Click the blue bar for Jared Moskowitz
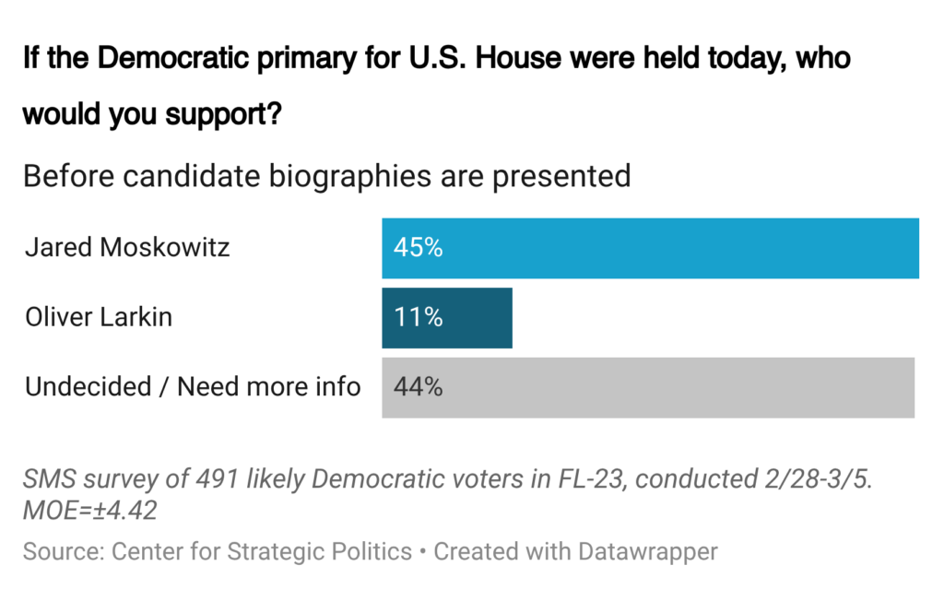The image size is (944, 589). [650, 248]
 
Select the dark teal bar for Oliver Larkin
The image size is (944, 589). [447, 318]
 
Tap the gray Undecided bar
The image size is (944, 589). [648, 387]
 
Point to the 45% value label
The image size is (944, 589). [418, 248]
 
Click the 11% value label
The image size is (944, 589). [418, 318]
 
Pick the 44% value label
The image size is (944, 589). [418, 387]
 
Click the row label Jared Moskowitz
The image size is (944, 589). [127, 248]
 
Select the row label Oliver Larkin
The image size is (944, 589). [99, 318]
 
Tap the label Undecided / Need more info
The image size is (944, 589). [193, 387]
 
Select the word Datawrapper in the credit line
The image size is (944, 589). [647, 552]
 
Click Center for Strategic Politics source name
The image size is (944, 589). [262, 552]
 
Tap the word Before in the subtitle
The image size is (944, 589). [63, 175]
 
